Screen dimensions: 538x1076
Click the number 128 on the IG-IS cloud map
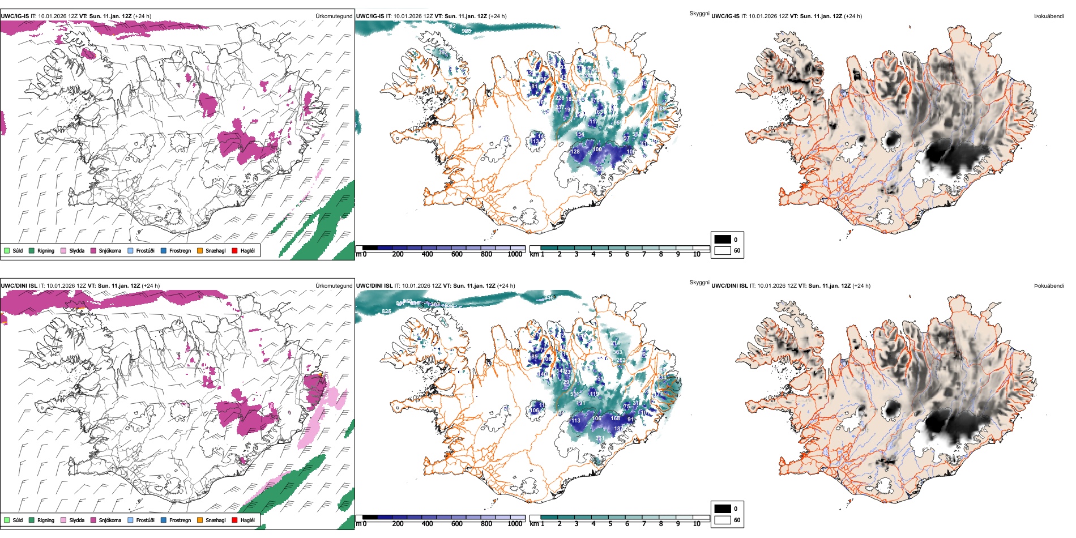[575, 152]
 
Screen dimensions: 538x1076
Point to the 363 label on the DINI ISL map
[617, 352]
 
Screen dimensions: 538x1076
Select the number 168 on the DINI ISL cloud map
[616, 419]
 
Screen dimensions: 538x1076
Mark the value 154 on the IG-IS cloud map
[579, 135]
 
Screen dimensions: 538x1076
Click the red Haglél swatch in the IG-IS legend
[234, 250]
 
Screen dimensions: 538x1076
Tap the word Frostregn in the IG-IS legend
[180, 250]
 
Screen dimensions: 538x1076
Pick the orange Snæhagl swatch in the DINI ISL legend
[200, 520]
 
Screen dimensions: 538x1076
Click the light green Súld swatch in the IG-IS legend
[7, 250]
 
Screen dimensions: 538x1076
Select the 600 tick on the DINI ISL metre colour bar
[456, 524]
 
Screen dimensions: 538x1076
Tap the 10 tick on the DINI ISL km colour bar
[697, 524]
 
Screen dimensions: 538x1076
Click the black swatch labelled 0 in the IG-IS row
[723, 240]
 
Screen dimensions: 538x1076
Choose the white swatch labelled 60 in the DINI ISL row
[723, 519]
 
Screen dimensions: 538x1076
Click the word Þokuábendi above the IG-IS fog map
[1049, 16]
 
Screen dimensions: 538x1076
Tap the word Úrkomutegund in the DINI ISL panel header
[334, 286]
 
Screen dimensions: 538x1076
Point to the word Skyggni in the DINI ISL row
[699, 283]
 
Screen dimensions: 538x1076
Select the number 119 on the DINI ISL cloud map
[594, 394]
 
